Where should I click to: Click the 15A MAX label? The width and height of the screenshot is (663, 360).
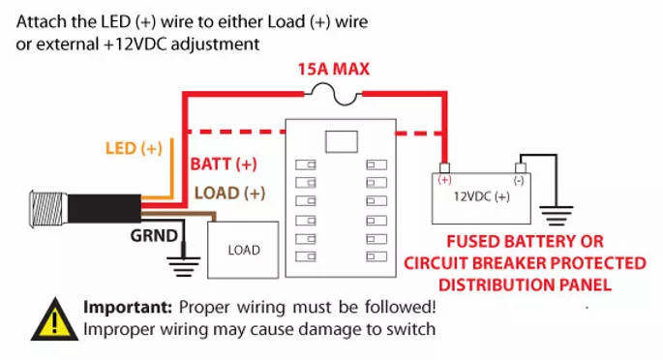tap(334, 69)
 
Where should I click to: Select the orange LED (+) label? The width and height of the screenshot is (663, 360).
tap(133, 149)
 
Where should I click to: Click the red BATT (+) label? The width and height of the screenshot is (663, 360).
tap(225, 165)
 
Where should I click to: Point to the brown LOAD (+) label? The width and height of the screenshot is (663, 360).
tap(230, 193)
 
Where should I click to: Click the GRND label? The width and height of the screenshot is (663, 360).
tap(155, 235)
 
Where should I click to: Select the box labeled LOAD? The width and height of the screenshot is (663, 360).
tap(244, 250)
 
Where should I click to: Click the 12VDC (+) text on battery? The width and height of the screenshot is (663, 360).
tap(482, 197)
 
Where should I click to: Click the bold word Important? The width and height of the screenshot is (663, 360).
tap(128, 308)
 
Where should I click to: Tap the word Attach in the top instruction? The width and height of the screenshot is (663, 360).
tap(40, 20)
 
